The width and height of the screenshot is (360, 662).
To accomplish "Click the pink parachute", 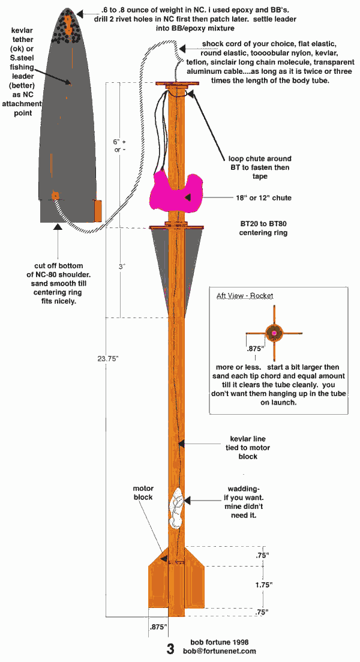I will click(x=173, y=192).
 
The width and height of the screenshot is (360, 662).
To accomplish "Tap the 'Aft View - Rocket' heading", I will click(x=245, y=296).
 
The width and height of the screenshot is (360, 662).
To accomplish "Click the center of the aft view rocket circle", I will click(x=274, y=333).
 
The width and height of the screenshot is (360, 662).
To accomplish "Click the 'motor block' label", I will click(x=143, y=493).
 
